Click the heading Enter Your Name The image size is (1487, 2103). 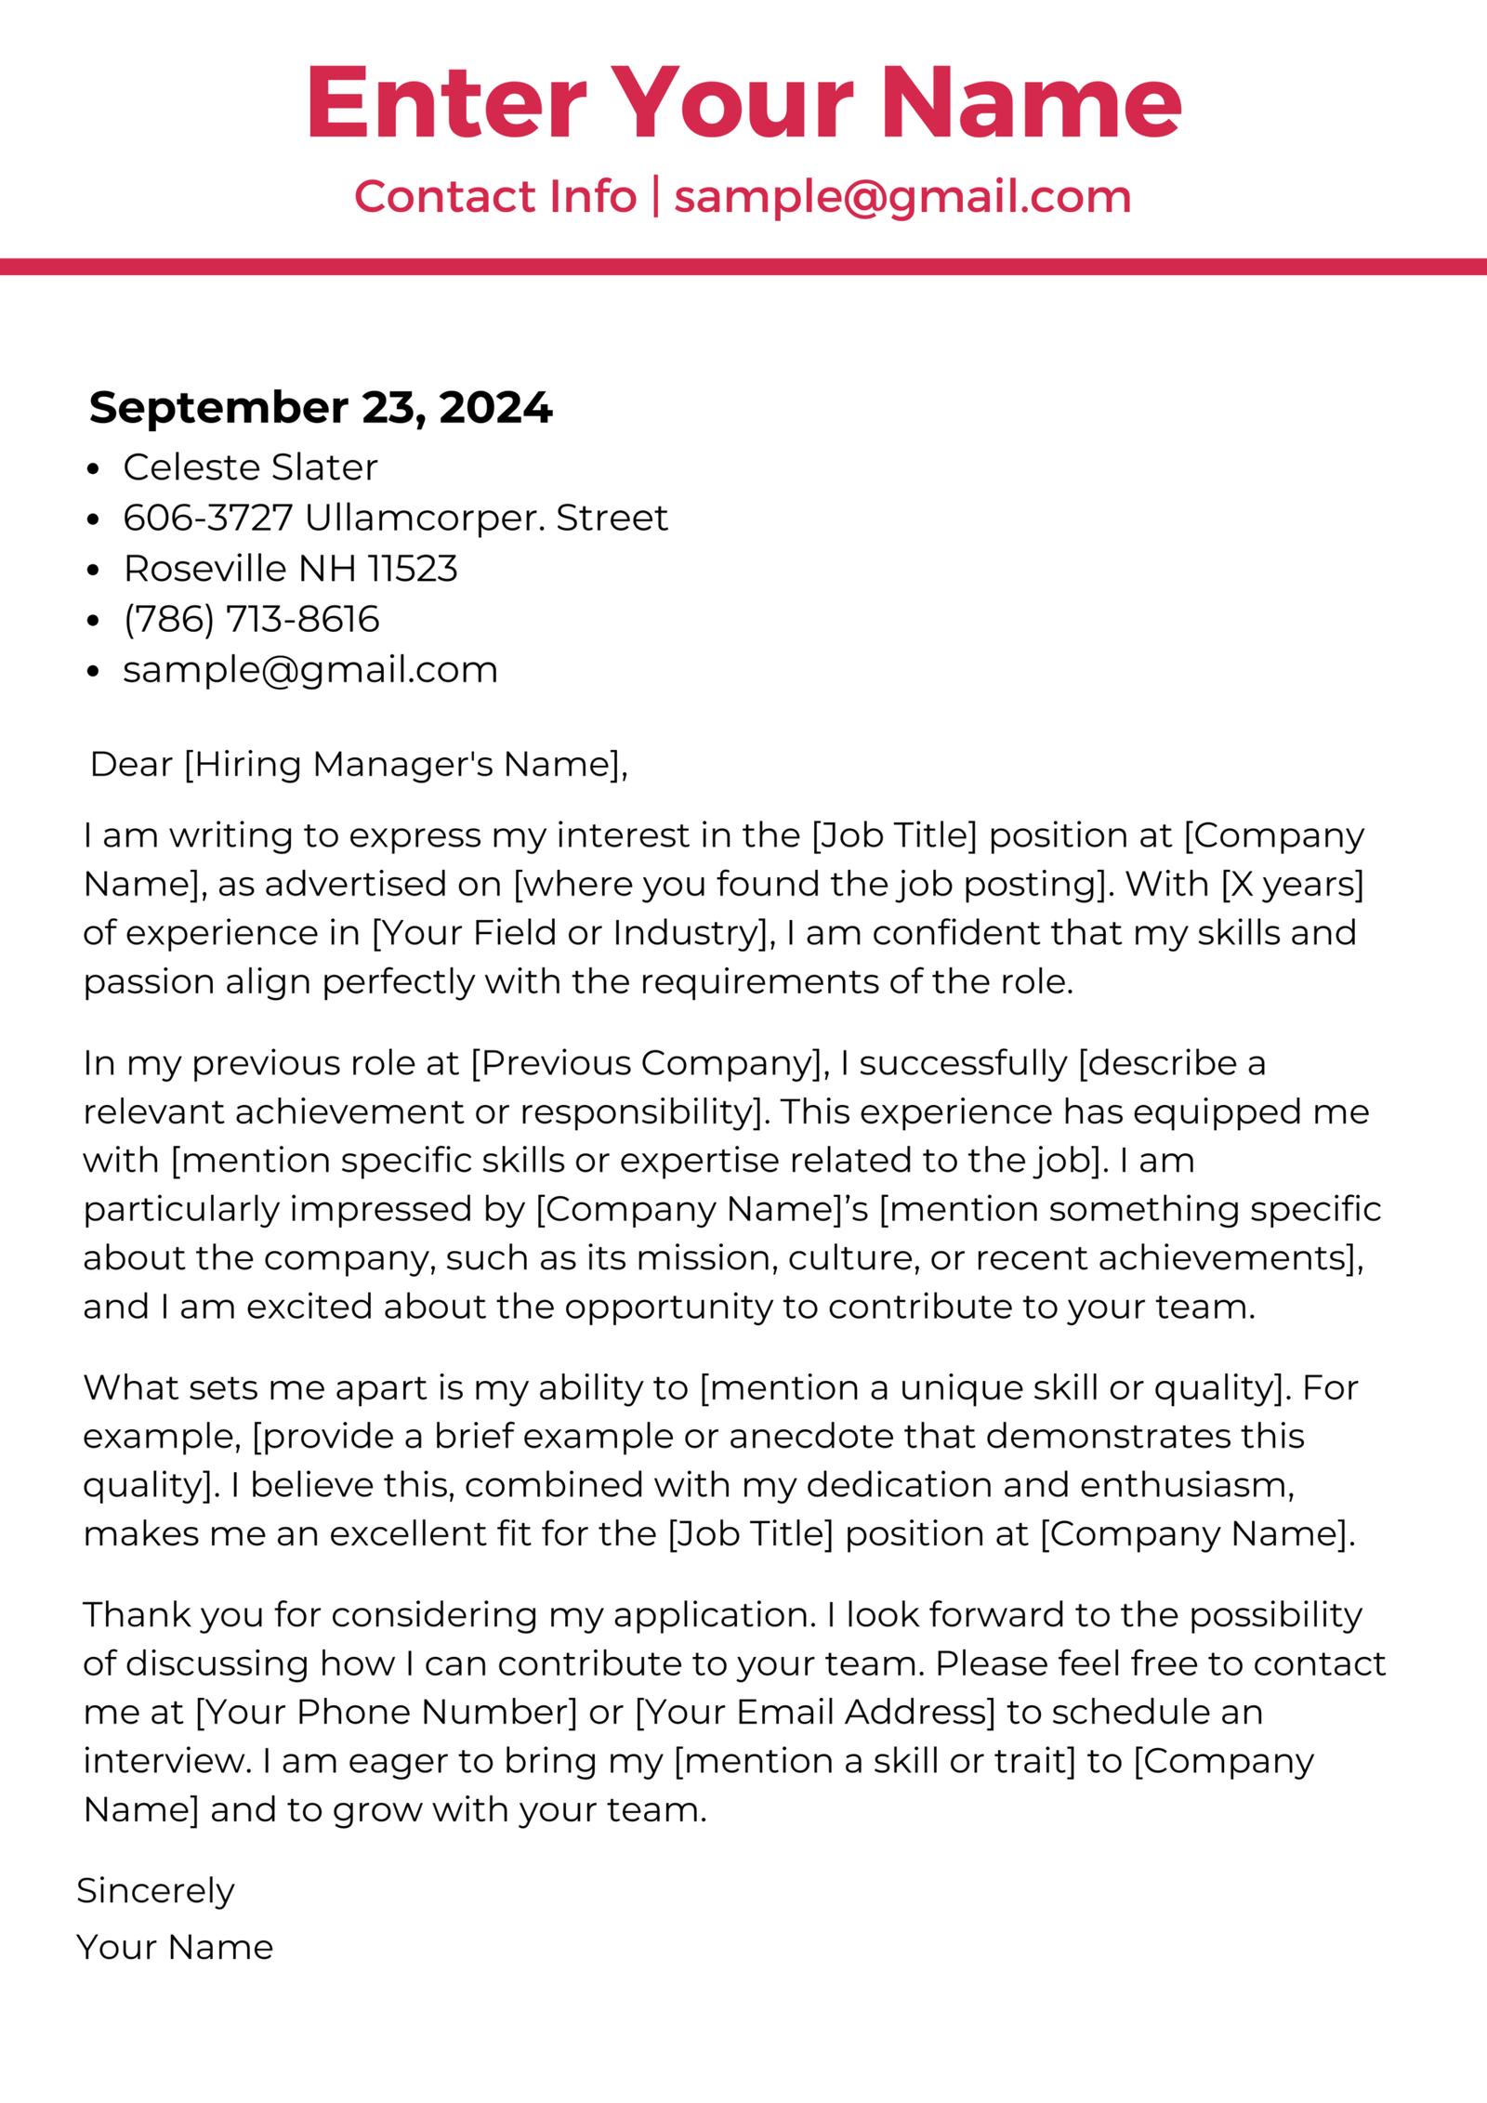tap(743, 102)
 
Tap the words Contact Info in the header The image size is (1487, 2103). tap(495, 196)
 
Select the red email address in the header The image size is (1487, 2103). tap(902, 197)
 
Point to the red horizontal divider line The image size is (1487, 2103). tap(743, 267)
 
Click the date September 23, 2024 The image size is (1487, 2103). tap(321, 407)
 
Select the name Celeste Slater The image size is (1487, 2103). tap(250, 467)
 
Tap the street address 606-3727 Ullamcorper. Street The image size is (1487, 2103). tap(395, 518)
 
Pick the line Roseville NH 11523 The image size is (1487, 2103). tap(290, 568)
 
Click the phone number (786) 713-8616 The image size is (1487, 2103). tap(251, 619)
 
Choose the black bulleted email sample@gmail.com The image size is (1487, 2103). tap(310, 669)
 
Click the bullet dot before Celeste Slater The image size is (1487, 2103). tap(92, 469)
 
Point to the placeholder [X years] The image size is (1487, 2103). tap(1292, 884)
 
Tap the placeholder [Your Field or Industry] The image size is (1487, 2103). tap(570, 932)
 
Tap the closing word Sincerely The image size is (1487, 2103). tap(155, 1890)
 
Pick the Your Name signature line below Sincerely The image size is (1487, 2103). tap(175, 1947)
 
